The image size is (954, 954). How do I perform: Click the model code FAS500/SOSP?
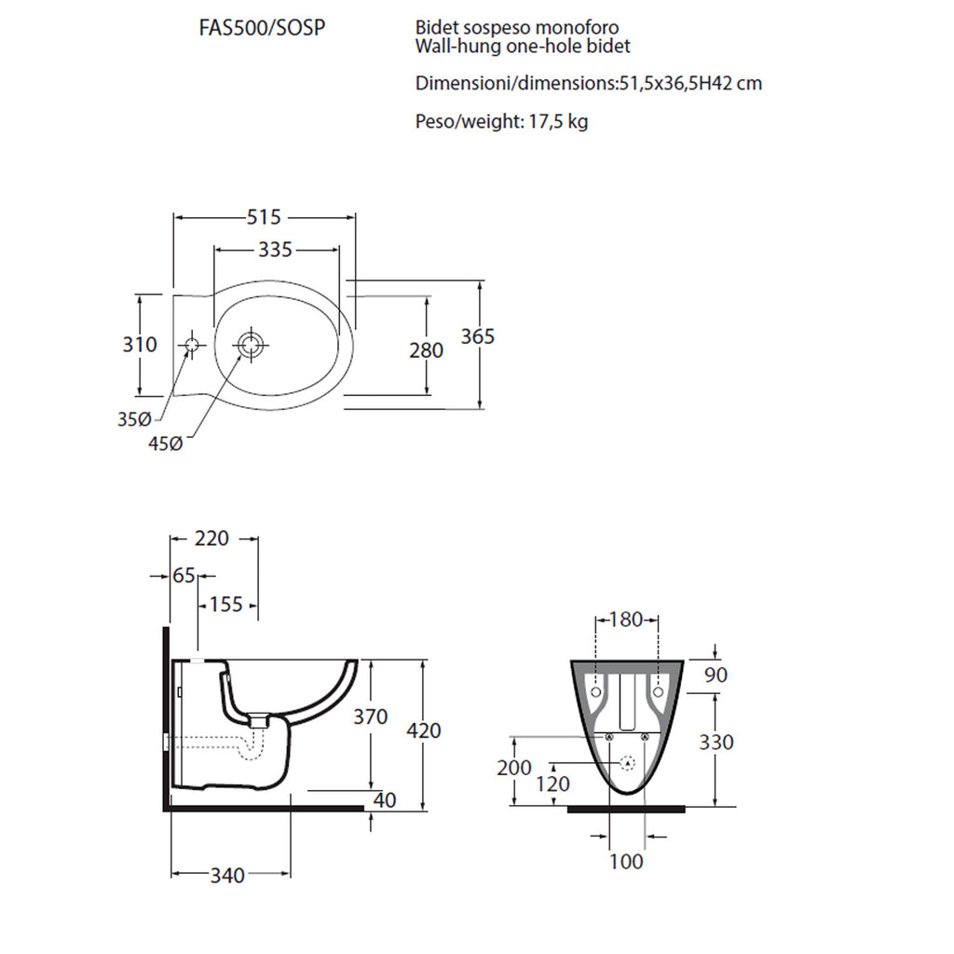click(x=262, y=28)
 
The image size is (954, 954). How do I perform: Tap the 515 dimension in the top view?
click(x=264, y=217)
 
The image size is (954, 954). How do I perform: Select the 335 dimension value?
click(x=275, y=250)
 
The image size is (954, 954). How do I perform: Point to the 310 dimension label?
click(x=140, y=345)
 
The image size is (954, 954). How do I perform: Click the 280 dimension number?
click(x=426, y=350)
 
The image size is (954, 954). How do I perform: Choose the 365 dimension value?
click(x=478, y=336)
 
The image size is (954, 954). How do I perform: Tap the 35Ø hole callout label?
click(x=134, y=419)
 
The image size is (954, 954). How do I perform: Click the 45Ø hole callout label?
click(x=166, y=443)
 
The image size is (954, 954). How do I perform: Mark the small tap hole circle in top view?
click(x=192, y=345)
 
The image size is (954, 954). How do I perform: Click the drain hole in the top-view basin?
click(x=250, y=345)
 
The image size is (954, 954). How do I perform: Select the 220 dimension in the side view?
click(x=211, y=538)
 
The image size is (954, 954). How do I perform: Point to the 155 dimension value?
click(x=226, y=604)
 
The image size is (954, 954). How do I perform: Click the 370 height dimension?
click(x=371, y=716)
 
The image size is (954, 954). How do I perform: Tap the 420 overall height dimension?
click(x=424, y=730)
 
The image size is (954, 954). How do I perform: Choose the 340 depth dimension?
click(x=227, y=876)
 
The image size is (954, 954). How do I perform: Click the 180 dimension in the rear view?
click(x=625, y=620)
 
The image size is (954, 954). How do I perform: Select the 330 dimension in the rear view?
click(x=716, y=743)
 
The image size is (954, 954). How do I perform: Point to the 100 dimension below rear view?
click(x=626, y=862)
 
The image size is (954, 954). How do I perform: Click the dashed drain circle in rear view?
click(x=627, y=762)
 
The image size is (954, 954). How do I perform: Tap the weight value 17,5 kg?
click(x=558, y=122)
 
